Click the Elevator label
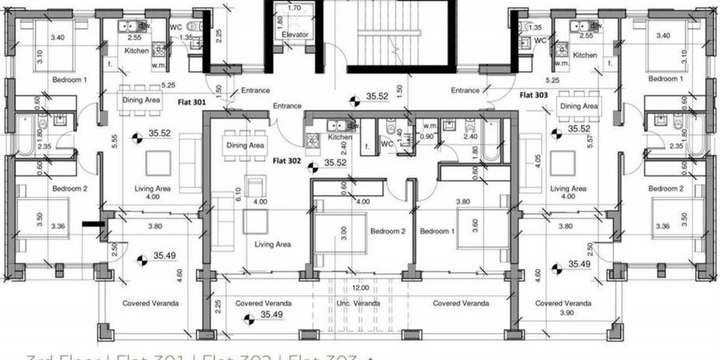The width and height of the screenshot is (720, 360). click(x=295, y=35)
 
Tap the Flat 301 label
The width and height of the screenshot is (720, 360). click(x=192, y=103)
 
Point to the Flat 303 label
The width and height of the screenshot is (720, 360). click(x=534, y=94)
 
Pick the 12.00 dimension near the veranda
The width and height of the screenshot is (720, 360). click(x=360, y=287)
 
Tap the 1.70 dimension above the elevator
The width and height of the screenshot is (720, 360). click(x=294, y=8)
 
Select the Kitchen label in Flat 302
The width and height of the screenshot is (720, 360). click(x=340, y=137)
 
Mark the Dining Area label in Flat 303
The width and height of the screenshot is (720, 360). click(x=580, y=107)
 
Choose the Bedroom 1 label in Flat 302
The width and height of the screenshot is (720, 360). click(x=438, y=232)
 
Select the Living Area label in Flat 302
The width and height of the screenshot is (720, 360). click(x=273, y=245)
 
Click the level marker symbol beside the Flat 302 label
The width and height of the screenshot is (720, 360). click(x=312, y=169)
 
